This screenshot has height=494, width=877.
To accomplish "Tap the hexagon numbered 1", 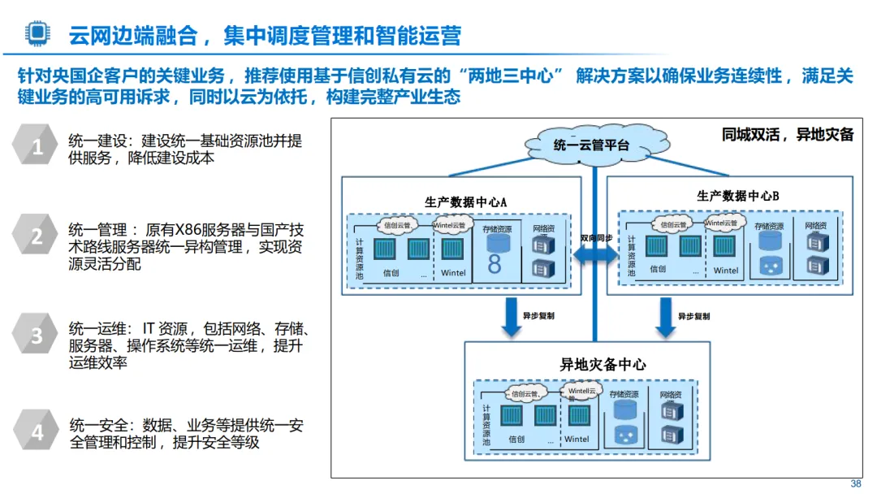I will [x=37, y=147].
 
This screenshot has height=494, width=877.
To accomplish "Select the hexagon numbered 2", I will [x=37, y=237].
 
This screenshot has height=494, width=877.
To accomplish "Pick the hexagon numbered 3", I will [x=37, y=336].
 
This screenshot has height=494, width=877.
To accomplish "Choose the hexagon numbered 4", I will [x=37, y=431].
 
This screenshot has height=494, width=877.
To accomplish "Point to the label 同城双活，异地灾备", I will [x=787, y=135].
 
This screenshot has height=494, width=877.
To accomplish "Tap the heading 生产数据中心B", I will [x=737, y=197].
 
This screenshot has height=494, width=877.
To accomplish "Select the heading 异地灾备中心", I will [x=603, y=365].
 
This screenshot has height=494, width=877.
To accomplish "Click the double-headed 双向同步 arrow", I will [x=594, y=253].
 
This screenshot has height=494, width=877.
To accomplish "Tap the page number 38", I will [x=855, y=484].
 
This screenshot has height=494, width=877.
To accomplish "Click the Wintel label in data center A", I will [x=453, y=273].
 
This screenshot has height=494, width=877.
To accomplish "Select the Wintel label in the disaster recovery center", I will [x=577, y=439].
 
